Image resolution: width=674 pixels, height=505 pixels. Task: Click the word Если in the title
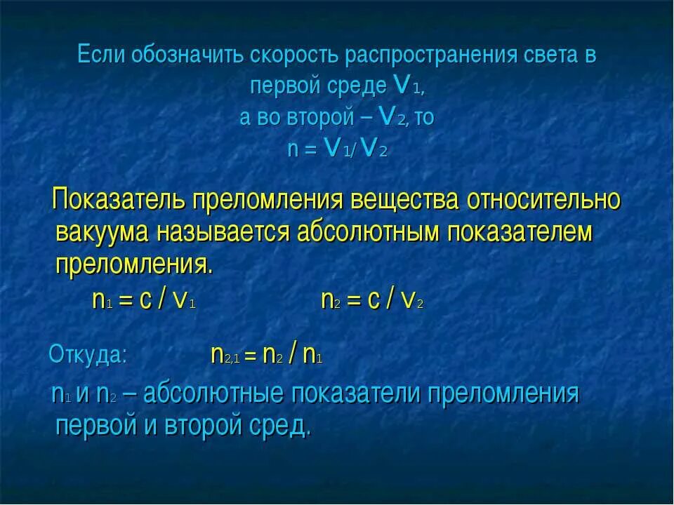pos(100,55)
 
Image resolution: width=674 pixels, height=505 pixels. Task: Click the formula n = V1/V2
pos(338,149)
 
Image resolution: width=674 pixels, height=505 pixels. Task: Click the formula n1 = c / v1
pos(143,300)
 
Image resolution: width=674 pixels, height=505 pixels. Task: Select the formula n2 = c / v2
pos(371,300)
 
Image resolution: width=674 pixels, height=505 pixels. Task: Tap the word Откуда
pos(88,355)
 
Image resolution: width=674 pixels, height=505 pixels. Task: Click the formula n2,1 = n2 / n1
pos(266,355)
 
